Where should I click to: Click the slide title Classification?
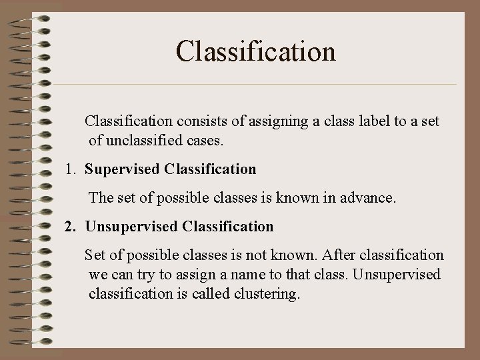pos(256,51)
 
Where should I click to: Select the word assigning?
pos(276,122)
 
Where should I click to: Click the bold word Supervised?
pos(123,169)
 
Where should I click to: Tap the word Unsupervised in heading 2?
pos(131,227)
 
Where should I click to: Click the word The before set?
pos(101,198)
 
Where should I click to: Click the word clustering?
pos(267,294)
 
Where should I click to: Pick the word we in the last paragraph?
pos(97,275)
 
